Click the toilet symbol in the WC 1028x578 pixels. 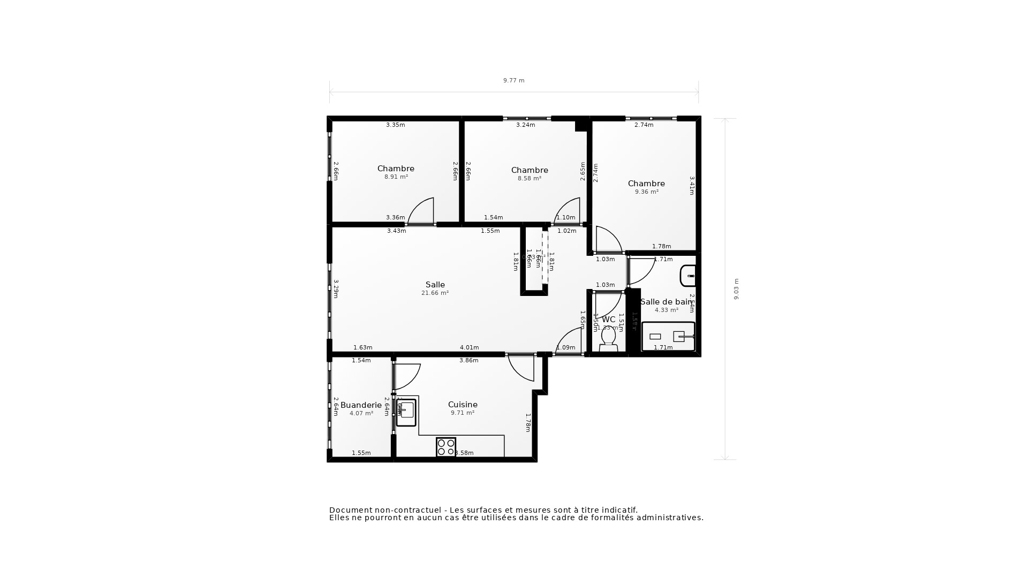click(x=608, y=339)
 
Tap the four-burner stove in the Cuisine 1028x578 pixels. click(x=446, y=447)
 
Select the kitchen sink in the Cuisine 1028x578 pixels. click(x=406, y=412)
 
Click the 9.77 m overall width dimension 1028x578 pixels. click(x=513, y=81)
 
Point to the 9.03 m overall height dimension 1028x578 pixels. click(x=736, y=289)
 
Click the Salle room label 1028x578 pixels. click(x=435, y=285)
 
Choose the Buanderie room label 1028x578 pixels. click(x=361, y=405)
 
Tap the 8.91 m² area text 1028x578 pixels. click(x=396, y=177)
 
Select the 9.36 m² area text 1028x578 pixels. click(x=646, y=192)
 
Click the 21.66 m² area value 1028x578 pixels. click(x=435, y=293)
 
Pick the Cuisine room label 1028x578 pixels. click(x=463, y=405)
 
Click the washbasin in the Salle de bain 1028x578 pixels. click(x=688, y=276)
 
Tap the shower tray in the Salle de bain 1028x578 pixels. click(x=668, y=336)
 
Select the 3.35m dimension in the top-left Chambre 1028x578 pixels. click(x=396, y=125)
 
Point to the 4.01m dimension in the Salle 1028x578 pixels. click(x=469, y=348)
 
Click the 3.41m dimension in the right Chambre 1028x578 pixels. click(x=692, y=186)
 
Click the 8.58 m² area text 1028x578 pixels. click(x=529, y=179)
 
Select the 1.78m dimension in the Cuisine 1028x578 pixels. click(x=528, y=422)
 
